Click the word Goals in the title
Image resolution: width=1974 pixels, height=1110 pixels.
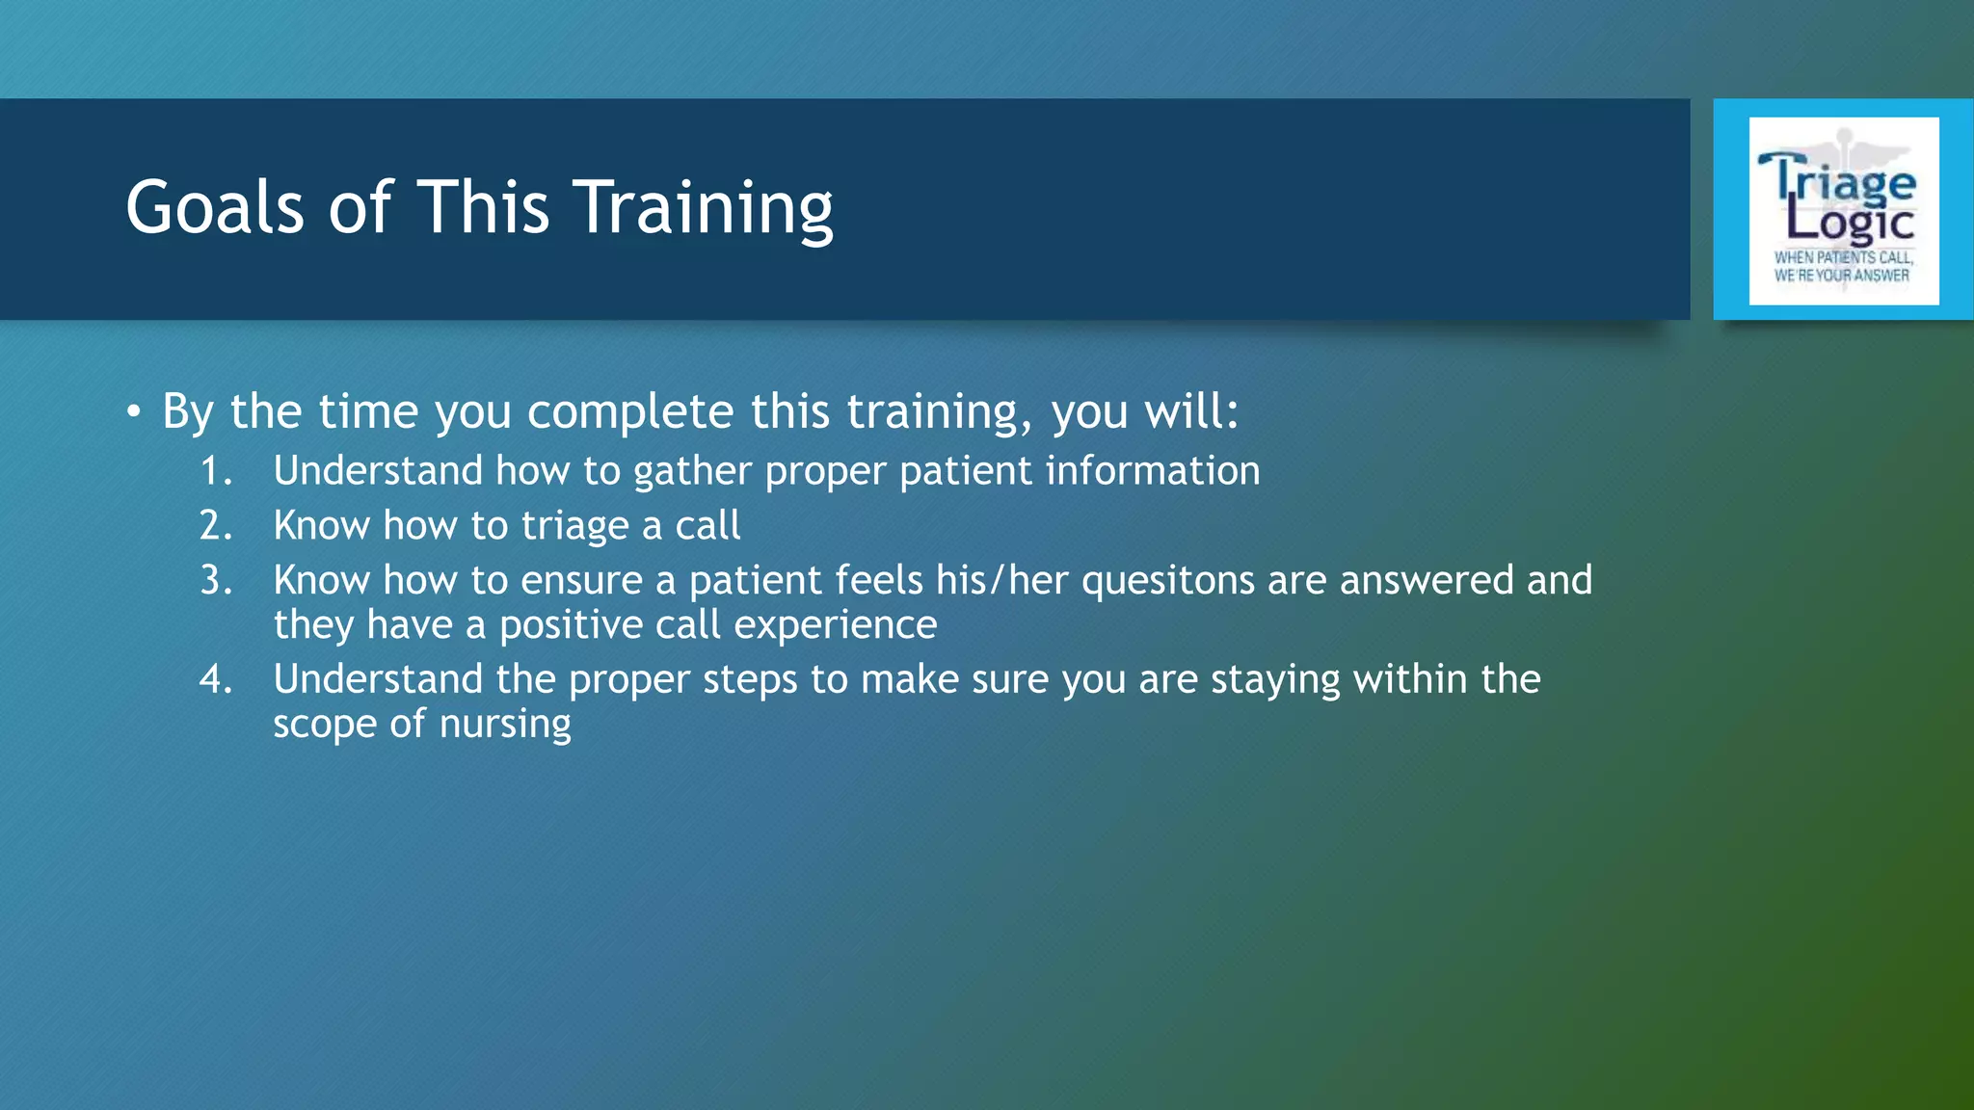(215, 207)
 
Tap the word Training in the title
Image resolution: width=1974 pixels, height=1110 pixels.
(704, 207)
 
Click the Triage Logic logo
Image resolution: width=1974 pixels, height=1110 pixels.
(1843, 210)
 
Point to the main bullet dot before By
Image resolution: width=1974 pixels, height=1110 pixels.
(134, 413)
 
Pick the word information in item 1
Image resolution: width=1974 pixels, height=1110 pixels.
(1152, 471)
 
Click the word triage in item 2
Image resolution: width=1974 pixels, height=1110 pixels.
(574, 526)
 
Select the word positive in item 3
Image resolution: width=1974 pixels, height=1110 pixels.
(570, 625)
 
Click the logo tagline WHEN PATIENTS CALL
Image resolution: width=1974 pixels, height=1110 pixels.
(1843, 257)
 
